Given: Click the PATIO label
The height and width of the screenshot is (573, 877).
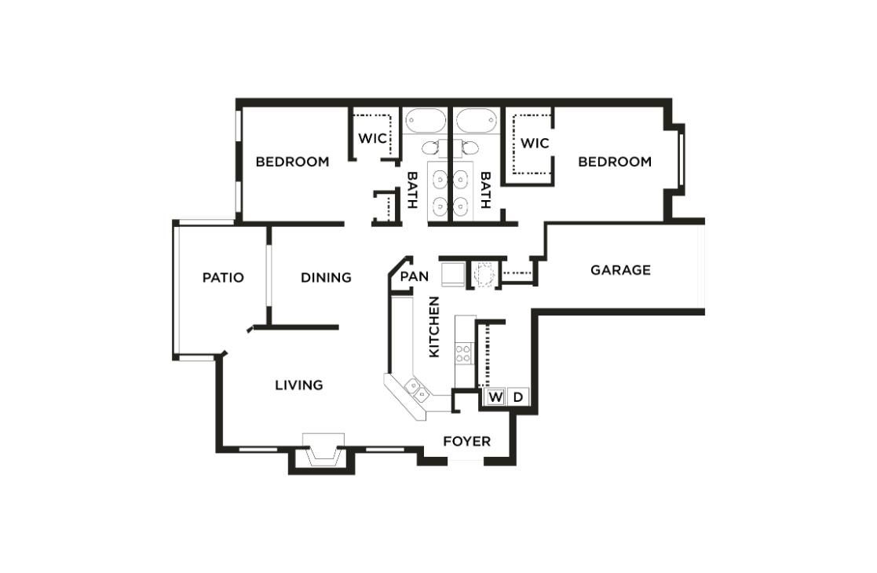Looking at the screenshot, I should click(223, 277).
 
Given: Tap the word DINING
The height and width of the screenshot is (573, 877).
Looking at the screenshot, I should click(326, 277).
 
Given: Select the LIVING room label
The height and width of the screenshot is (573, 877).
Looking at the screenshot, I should click(298, 385).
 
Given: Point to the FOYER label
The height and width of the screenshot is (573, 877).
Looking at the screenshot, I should click(466, 441).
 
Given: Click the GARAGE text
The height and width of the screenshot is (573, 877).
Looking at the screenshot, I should click(620, 270).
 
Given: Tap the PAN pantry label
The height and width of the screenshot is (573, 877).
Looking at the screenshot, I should click(414, 276).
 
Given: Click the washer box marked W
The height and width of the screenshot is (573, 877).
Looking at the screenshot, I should click(495, 397).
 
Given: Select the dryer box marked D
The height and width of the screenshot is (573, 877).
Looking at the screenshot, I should click(518, 397).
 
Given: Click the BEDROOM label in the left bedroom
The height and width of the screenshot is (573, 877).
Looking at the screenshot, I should click(292, 162).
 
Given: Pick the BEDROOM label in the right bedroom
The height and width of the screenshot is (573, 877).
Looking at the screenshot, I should click(615, 162).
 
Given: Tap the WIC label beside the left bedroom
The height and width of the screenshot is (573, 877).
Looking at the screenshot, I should click(372, 138).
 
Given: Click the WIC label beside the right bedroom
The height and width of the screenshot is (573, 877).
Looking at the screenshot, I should click(534, 144).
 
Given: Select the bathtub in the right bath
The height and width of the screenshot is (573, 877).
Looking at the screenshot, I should click(477, 122).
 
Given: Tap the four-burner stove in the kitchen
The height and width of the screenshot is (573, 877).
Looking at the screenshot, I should click(464, 353).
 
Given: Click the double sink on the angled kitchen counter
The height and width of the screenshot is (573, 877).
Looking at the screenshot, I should click(416, 389).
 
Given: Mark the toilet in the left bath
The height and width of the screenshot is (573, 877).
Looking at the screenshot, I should click(430, 147).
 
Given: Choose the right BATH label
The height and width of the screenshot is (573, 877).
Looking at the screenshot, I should click(484, 190).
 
